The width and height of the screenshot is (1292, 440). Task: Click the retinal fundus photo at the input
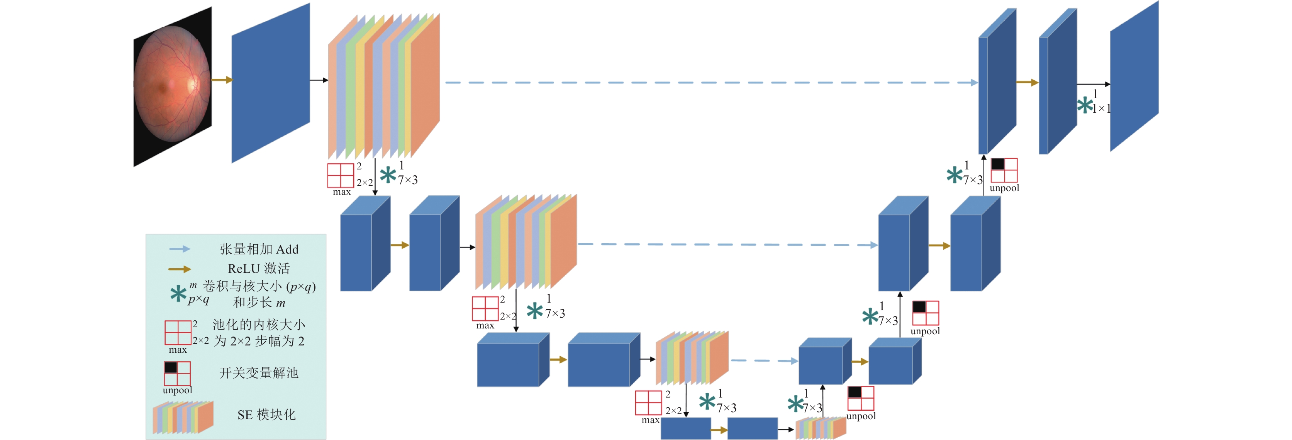click(173, 86)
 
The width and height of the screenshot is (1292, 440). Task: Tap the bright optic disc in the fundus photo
click(193, 84)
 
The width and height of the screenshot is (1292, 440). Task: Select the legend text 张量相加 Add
click(259, 249)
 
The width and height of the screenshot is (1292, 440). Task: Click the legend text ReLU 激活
click(259, 269)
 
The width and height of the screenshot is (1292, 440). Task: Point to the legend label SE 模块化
click(266, 415)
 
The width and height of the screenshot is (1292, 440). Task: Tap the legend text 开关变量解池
click(259, 373)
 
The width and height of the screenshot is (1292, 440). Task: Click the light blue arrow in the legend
click(180, 249)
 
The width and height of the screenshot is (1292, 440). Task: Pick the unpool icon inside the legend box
click(177, 374)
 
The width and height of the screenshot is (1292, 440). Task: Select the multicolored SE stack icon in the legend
click(183, 417)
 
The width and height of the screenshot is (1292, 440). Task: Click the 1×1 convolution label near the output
click(1101, 108)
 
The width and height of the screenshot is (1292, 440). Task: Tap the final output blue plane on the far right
click(1134, 76)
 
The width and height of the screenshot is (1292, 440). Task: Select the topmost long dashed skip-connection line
click(711, 83)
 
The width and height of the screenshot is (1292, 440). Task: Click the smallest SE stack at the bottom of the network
click(821, 428)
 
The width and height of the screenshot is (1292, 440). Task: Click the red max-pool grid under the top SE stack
click(341, 175)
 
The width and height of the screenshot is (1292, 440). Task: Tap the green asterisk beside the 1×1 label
click(1084, 105)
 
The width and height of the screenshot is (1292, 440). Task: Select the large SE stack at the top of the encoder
click(384, 86)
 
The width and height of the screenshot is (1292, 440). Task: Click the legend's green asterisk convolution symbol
click(178, 294)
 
